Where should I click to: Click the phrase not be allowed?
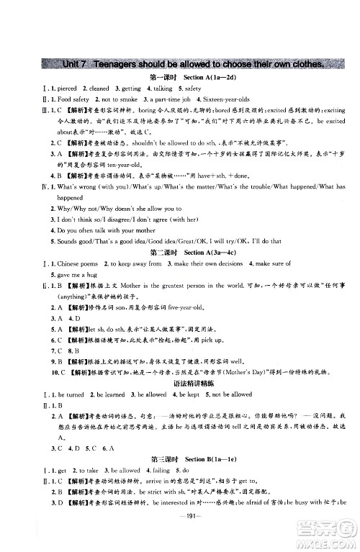tap(230, 394)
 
